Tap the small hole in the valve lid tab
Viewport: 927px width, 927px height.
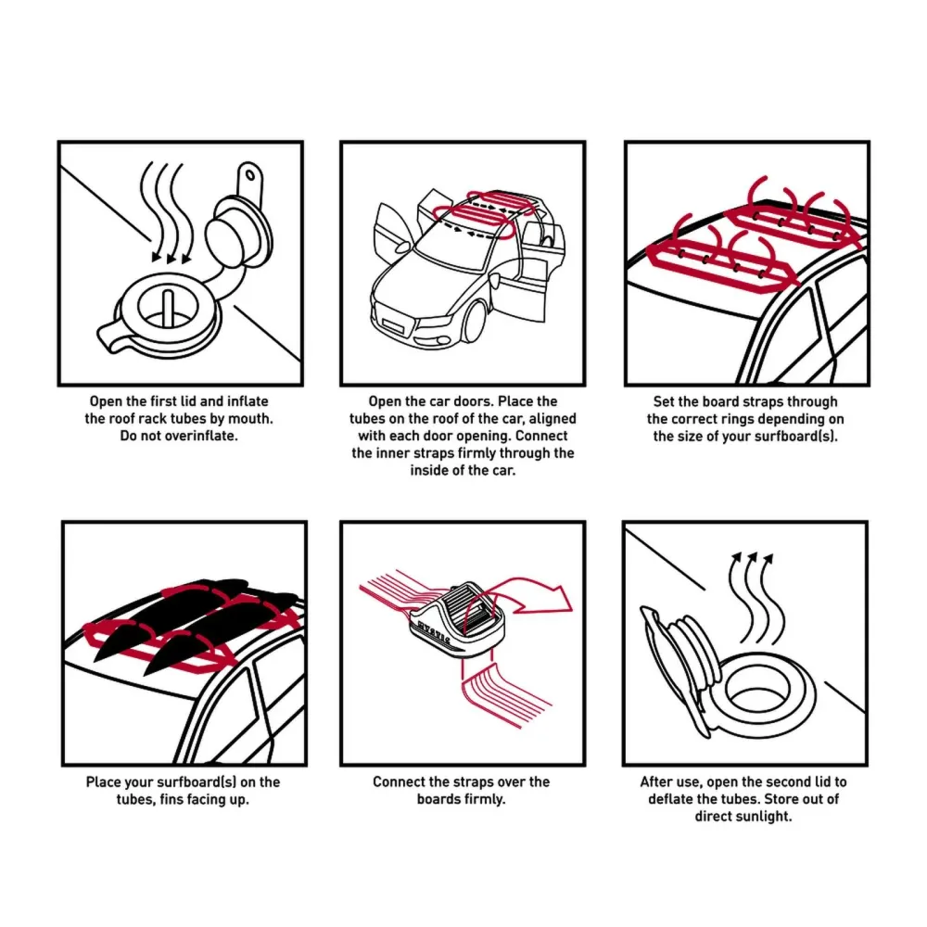[250, 175]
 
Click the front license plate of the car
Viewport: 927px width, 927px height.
[392, 324]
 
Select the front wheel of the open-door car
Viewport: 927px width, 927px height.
[475, 323]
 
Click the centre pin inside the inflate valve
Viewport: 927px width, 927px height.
[169, 308]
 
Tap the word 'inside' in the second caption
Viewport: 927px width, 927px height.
[430, 471]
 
